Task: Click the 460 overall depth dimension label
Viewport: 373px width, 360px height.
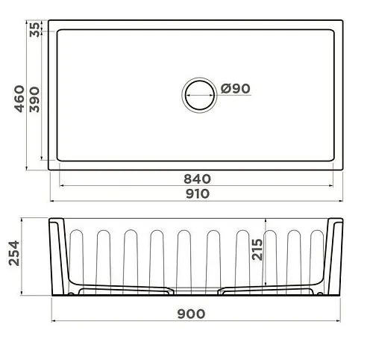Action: pyautogui.click(x=19, y=99)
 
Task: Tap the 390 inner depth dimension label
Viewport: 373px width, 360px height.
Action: pyautogui.click(x=34, y=99)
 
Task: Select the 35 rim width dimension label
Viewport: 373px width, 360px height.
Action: pyautogui.click(x=34, y=30)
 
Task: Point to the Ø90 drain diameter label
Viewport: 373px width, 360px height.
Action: pyautogui.click(x=235, y=89)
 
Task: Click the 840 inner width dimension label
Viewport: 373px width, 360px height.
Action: pyautogui.click(x=197, y=179)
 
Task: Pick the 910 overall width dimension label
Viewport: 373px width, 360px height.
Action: pyautogui.click(x=198, y=193)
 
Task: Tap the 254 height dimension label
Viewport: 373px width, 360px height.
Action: pyautogui.click(x=14, y=253)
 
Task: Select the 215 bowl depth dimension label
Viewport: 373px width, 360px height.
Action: pyautogui.click(x=257, y=249)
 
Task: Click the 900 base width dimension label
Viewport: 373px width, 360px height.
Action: pyautogui.click(x=191, y=314)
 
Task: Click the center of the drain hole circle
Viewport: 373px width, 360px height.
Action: pyautogui.click(x=199, y=95)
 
